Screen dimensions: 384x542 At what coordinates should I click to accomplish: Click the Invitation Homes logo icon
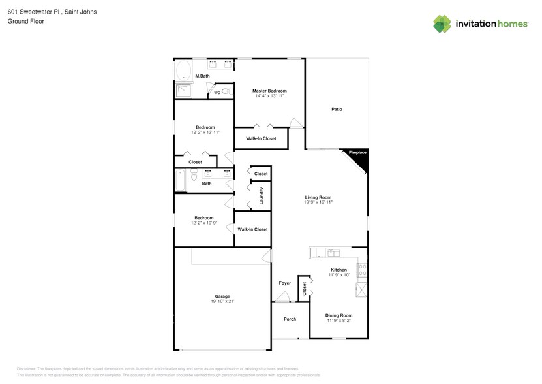[442, 24]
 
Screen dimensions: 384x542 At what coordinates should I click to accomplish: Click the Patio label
[337, 109]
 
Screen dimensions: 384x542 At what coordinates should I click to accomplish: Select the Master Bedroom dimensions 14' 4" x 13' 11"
[269, 96]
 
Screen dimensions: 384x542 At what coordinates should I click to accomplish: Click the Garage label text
[222, 296]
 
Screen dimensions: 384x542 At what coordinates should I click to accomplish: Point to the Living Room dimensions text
[318, 202]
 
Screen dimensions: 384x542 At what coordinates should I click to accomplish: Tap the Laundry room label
[261, 196]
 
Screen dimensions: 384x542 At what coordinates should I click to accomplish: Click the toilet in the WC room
[226, 92]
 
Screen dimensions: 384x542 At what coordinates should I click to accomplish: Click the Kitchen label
[339, 270]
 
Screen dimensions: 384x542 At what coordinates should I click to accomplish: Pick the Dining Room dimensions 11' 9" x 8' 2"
[339, 321]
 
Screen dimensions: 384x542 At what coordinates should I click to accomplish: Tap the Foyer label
[285, 283]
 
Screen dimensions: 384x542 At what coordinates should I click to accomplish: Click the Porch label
[290, 319]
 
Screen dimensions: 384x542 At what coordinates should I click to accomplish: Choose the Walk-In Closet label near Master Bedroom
[261, 138]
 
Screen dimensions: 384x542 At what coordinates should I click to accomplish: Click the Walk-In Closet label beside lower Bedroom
[252, 229]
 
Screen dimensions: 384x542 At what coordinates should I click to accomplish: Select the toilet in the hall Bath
[194, 175]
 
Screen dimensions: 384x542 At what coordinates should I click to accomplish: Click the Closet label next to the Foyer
[303, 287]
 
